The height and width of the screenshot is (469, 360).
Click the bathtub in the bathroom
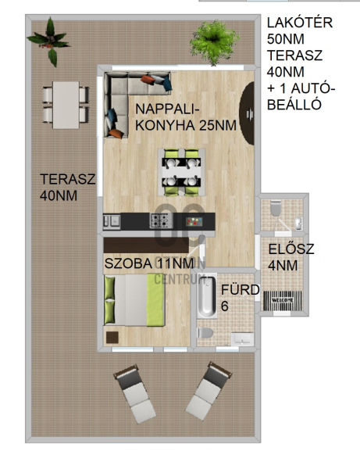click(x=207, y=297)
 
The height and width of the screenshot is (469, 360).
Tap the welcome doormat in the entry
click(x=283, y=300)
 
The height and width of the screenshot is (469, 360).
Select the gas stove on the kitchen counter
click(x=162, y=220)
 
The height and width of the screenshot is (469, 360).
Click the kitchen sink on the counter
click(x=112, y=221)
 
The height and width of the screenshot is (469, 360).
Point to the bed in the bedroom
click(x=134, y=300)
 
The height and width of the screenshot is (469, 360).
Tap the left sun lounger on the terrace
click(x=135, y=394)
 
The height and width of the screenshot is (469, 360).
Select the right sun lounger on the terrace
click(x=209, y=391)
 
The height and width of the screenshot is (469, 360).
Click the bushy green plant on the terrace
click(x=214, y=42)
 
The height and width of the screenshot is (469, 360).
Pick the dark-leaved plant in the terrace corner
click(x=50, y=41)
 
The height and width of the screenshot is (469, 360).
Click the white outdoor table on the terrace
click(x=66, y=105)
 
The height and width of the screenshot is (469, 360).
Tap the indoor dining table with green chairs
click(x=181, y=172)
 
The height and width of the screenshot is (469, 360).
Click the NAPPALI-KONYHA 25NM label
click(x=186, y=117)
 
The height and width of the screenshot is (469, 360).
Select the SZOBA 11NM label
click(x=149, y=263)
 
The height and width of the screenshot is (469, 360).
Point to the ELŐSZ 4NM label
click(x=290, y=257)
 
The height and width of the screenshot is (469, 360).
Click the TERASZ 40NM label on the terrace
click(x=67, y=188)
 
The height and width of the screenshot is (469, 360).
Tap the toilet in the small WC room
click(x=276, y=208)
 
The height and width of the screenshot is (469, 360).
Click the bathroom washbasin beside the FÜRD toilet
click(x=242, y=339)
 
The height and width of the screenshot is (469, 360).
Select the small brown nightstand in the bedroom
click(x=112, y=338)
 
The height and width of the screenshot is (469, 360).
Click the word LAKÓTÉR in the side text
click(x=300, y=23)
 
